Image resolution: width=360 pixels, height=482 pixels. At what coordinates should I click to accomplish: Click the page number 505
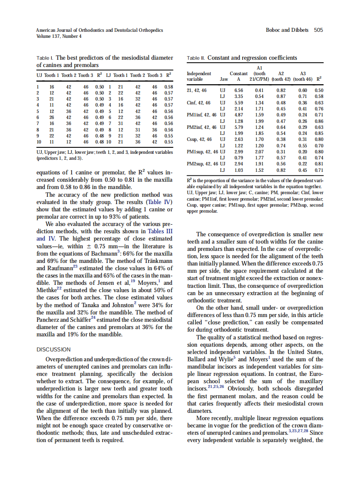click(318, 30)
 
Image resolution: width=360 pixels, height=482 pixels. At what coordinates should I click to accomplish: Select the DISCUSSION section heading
click(53, 349)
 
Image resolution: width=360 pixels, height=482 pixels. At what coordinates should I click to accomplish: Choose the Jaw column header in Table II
click(224, 79)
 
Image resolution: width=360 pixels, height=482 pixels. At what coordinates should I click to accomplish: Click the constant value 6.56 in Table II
click(238, 91)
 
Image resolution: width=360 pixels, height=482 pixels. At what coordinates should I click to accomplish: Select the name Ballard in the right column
click(200, 359)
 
